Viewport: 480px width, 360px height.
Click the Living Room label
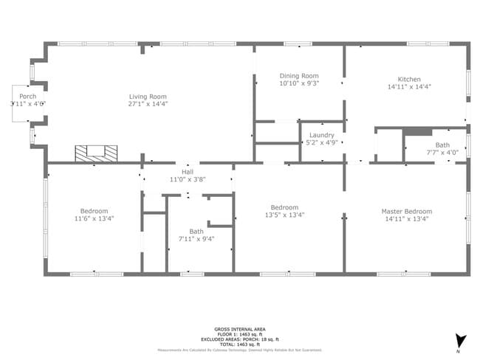tap(148, 97)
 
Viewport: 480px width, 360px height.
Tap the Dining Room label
tap(299, 76)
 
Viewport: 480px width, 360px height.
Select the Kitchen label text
tap(409, 79)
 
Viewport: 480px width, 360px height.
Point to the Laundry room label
tap(322, 135)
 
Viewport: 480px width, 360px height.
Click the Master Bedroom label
tap(406, 211)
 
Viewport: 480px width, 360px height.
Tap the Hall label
tap(188, 170)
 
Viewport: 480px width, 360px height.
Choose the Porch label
tap(28, 97)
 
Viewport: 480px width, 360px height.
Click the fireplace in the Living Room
tap(96, 153)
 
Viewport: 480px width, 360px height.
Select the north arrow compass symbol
tap(461, 340)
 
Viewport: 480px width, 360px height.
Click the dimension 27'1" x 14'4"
tap(148, 104)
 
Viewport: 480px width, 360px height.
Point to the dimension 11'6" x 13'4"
tap(95, 218)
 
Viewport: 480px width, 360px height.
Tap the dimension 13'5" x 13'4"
tap(284, 215)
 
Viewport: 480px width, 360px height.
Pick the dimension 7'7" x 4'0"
tap(442, 152)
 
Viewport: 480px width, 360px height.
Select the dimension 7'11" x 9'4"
tap(196, 239)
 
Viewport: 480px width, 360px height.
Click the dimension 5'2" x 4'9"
tap(322, 142)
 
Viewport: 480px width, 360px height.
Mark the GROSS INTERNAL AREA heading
tap(240, 329)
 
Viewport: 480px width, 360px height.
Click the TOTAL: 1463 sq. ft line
tap(240, 345)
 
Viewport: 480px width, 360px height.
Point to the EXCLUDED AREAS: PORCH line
tap(240, 340)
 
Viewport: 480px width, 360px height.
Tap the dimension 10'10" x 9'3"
tap(299, 83)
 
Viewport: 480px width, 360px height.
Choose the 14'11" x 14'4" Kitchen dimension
tap(409, 86)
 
